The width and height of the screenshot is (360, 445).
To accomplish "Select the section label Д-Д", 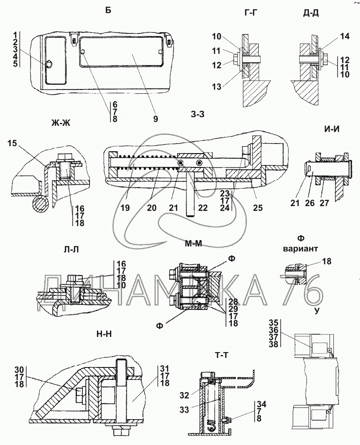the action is click(311, 12).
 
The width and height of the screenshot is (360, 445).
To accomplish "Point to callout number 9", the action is click(156, 119).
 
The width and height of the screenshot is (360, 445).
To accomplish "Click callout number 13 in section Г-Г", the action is click(217, 87).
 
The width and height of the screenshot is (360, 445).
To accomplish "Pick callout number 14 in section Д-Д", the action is click(345, 36).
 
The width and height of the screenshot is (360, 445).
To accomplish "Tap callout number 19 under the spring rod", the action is click(125, 208).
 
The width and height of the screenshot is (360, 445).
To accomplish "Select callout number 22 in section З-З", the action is click(203, 208).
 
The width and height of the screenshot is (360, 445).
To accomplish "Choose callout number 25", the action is click(258, 208).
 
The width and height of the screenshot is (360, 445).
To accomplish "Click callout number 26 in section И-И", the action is click(310, 203).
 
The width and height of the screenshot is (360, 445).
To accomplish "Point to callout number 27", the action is click(325, 203).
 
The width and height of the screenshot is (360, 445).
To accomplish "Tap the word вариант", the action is click(300, 249).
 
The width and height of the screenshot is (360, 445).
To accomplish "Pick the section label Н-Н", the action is click(103, 334).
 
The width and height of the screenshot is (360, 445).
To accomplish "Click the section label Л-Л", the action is click(71, 249).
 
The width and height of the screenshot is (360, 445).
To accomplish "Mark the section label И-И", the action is click(332, 129).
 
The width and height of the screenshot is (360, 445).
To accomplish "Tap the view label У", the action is click(317, 311).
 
